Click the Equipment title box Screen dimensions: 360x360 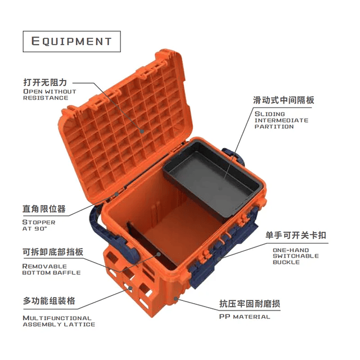pyautogui.click(x=71, y=41)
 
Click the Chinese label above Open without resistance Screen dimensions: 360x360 pyautogui.click(x=45, y=82)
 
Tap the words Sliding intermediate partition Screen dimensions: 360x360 pyautogui.click(x=281, y=120)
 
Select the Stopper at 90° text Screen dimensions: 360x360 pyautogui.click(x=39, y=225)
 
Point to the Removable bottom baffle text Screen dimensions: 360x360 pyautogui.click(x=51, y=269)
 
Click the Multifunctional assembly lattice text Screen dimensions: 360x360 pyautogui.click(x=58, y=321)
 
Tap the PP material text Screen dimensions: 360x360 pyautogui.click(x=245, y=317)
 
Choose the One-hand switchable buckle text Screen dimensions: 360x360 pyautogui.click(x=296, y=256)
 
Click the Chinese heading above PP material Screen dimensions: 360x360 pyautogui.click(x=250, y=304)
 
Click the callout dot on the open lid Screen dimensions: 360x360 pyautogui.click(x=142, y=131)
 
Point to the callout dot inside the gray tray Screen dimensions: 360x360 pyautogui.click(x=220, y=190)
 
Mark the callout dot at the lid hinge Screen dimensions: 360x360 pyautogui.click(x=116, y=194)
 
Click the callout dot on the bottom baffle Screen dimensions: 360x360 pyautogui.click(x=159, y=254)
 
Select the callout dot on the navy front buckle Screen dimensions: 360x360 pyautogui.click(x=219, y=259)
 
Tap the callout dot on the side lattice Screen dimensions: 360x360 pyautogui.click(x=130, y=288)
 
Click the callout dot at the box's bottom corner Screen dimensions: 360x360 pyautogui.click(x=175, y=299)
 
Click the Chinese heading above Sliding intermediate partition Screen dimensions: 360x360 pyautogui.click(x=283, y=100)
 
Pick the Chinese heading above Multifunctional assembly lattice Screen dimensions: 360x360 pyautogui.click(x=49, y=300)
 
